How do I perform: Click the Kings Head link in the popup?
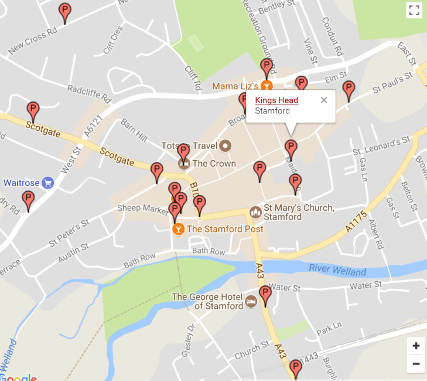276,100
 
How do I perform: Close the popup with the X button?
324,100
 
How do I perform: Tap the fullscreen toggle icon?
414,10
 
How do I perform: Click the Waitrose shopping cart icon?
48,183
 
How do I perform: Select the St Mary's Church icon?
255,212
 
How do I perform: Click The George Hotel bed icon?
251,301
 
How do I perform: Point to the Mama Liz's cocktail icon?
267,86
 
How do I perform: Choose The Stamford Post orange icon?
177,228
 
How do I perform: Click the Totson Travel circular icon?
226,145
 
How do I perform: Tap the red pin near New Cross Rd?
65,12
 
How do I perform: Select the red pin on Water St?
265,295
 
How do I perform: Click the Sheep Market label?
142,208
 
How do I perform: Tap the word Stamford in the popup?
272,111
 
